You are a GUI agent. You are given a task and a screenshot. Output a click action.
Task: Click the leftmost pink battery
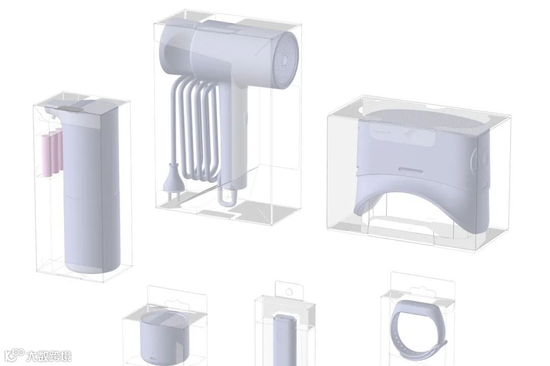point(46,155)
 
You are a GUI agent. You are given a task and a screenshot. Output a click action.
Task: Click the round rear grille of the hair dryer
point(286,60)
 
